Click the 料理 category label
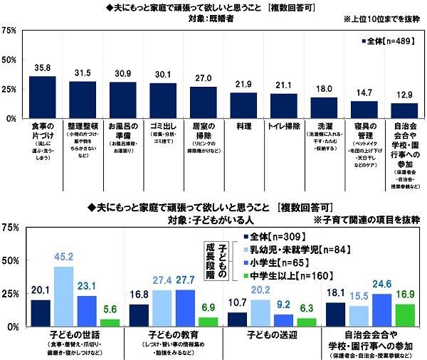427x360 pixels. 243,125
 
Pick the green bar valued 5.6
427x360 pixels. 109,322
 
